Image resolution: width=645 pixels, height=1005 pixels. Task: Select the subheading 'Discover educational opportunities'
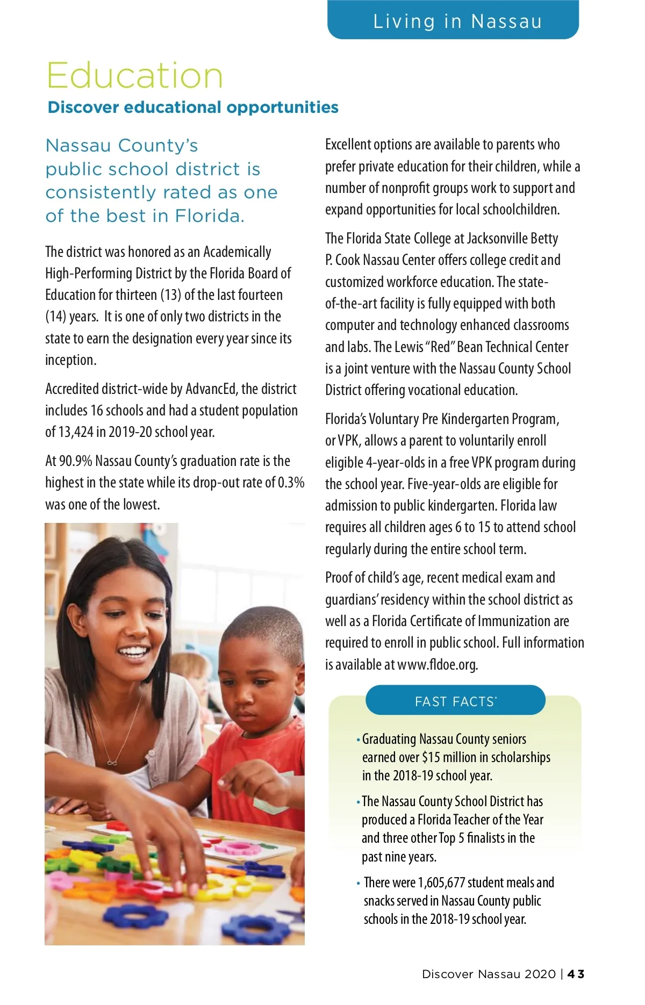click(193, 107)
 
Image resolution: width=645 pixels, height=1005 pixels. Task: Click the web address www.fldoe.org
click(437, 665)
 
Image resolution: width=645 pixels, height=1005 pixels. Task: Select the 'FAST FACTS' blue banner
click(455, 701)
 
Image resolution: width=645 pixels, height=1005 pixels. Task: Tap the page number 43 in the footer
click(576, 974)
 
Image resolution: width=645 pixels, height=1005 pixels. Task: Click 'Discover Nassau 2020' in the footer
click(489, 974)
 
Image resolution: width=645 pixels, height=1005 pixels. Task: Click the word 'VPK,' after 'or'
click(349, 441)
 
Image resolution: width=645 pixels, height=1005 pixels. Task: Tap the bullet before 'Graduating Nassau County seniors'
click(358, 740)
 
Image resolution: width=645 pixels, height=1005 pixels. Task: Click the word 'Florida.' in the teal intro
click(210, 216)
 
